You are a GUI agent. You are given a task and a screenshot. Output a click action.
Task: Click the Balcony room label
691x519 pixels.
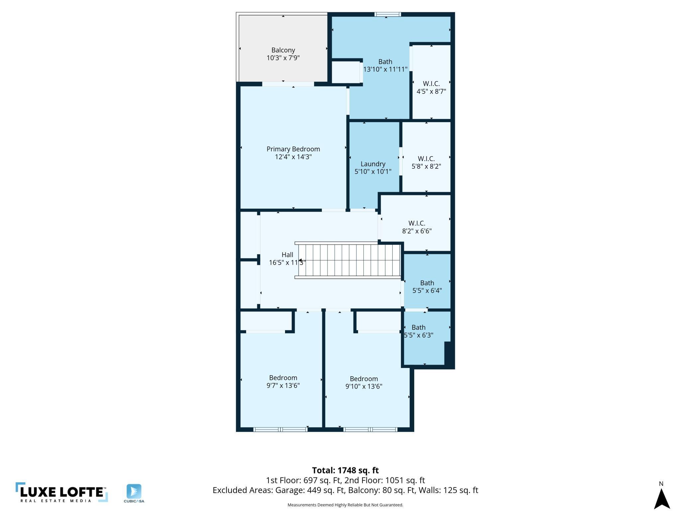coord(283,50)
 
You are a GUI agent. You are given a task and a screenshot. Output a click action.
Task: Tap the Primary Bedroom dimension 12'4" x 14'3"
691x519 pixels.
coord(293,157)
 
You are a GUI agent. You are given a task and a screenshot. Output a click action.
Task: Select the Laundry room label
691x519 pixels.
coord(373,164)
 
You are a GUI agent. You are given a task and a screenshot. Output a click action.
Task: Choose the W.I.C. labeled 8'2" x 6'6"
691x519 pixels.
coord(417,223)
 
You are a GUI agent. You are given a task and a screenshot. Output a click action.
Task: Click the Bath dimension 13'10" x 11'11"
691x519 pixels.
coord(385,69)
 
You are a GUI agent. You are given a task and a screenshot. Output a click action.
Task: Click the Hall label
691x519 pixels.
coord(287,255)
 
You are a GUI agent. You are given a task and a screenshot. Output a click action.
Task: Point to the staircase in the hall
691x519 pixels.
coord(348,260)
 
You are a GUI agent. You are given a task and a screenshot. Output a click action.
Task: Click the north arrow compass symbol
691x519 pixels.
coord(662,498)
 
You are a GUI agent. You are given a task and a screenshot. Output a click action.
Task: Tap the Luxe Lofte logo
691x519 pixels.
coord(62,492)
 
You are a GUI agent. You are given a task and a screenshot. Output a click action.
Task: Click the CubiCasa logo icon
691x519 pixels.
coord(134,491)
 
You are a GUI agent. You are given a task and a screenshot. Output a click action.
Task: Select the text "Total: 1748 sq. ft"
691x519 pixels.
coord(345,470)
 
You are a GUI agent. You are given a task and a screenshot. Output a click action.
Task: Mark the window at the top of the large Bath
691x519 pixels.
coord(388,14)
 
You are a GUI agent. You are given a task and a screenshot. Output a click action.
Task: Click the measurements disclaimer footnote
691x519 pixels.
coord(345,505)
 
